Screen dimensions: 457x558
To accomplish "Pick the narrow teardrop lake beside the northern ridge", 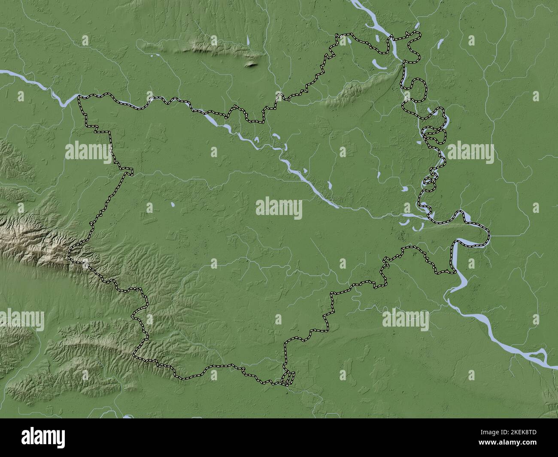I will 249,42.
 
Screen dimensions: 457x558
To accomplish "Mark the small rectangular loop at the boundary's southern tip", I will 288,378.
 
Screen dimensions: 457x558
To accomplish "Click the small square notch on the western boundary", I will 128,172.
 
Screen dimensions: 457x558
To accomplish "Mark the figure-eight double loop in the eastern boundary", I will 434,135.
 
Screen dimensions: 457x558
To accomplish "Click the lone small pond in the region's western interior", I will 172,205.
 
